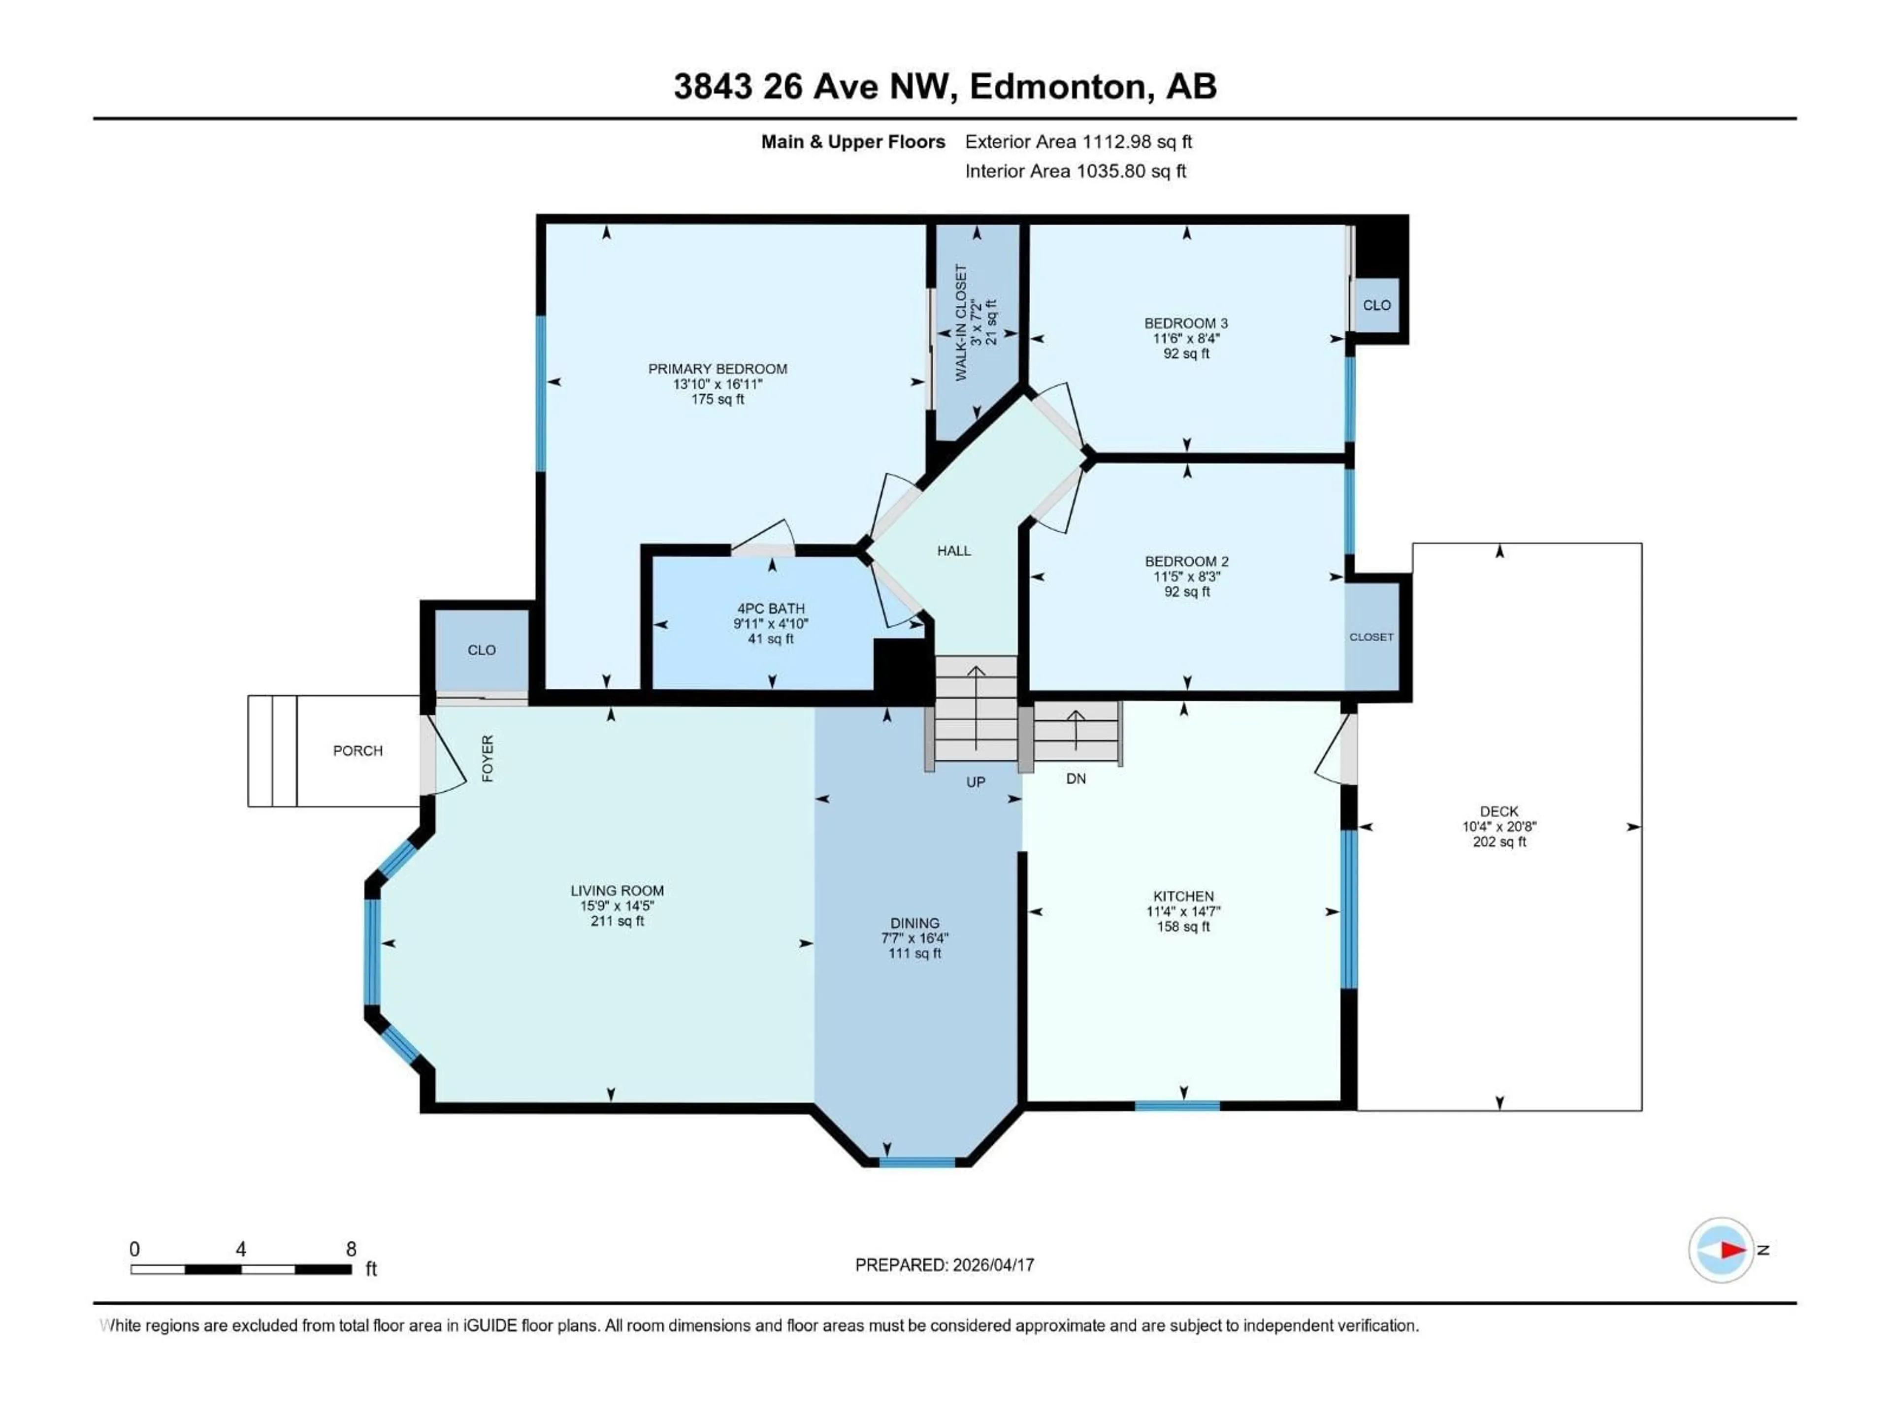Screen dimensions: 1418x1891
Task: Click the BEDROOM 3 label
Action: point(1186,323)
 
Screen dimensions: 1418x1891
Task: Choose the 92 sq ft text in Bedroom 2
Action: point(1187,591)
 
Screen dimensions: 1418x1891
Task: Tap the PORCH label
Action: point(358,750)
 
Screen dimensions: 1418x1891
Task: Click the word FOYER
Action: point(488,758)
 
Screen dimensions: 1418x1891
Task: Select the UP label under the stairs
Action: point(976,782)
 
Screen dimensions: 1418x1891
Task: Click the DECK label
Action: point(1499,811)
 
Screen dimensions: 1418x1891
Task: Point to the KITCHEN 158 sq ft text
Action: point(1183,927)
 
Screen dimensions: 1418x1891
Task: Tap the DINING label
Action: point(915,923)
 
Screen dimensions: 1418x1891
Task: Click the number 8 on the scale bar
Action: point(351,1249)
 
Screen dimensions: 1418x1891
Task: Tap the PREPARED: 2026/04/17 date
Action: point(945,1265)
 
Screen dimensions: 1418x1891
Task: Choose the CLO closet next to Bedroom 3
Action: point(1376,305)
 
